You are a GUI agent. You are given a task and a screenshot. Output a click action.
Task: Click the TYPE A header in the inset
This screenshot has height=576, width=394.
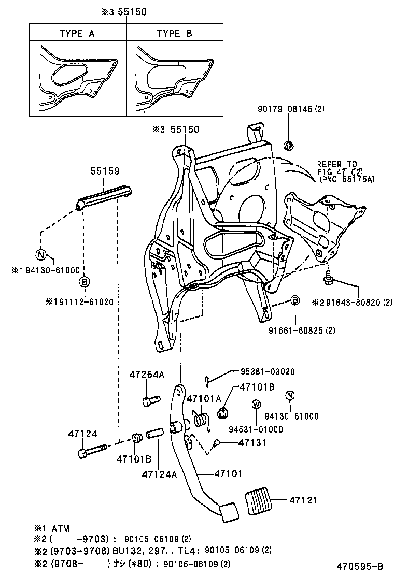(x=77, y=34)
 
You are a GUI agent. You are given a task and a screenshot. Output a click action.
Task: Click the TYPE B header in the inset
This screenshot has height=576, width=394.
(x=174, y=34)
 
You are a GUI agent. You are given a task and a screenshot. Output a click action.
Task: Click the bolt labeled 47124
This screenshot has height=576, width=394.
(x=91, y=450)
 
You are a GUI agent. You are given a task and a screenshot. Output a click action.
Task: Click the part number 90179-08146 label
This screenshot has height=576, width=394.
(x=291, y=109)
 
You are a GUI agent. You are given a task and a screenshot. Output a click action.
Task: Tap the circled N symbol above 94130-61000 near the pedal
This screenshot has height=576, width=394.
(x=290, y=396)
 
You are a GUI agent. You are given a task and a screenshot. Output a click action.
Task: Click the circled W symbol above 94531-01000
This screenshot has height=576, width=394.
(x=256, y=405)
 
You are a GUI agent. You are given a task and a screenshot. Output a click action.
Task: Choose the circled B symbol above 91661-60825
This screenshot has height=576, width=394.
(x=294, y=300)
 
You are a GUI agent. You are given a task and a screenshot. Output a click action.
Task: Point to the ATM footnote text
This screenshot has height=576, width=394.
(x=52, y=528)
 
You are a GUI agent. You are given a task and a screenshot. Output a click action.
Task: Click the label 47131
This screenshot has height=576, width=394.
(x=252, y=443)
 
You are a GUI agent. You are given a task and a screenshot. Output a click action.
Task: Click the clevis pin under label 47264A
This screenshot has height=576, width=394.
(x=150, y=400)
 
